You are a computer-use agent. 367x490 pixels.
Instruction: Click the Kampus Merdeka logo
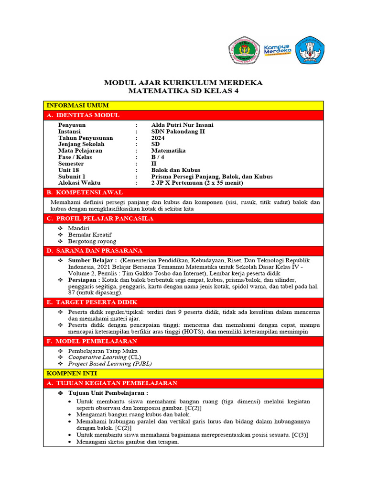pos(277,50)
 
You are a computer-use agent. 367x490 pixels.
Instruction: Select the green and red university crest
pos(244,50)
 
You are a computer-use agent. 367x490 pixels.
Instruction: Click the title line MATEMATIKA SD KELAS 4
pos(183,91)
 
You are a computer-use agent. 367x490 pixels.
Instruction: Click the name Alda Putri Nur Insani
pos(182,125)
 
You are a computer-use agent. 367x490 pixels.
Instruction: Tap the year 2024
pos(158,138)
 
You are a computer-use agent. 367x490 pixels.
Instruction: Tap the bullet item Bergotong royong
pos(92,241)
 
